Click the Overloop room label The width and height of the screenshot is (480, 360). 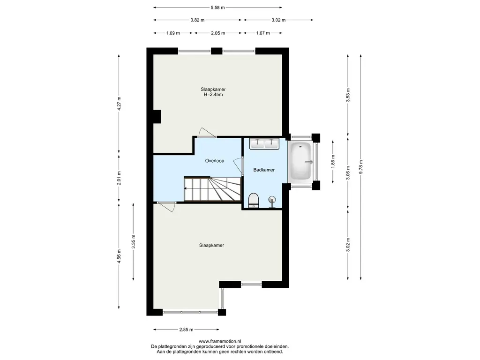[x=215, y=161]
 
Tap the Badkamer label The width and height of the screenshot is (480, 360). [x=264, y=170]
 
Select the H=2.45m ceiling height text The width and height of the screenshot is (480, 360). [x=213, y=95]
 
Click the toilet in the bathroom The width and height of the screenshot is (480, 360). [x=254, y=201]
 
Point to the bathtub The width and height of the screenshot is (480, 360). [x=300, y=161]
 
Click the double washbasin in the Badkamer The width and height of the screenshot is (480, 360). [x=264, y=143]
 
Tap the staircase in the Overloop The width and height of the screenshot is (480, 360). [x=212, y=189]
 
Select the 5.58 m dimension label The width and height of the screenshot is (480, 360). [x=217, y=7]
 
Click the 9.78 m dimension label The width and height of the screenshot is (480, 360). [x=361, y=167]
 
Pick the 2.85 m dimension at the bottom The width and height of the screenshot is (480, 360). [x=186, y=330]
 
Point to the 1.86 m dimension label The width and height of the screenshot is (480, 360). [x=333, y=161]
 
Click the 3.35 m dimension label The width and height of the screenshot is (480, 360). [x=133, y=242]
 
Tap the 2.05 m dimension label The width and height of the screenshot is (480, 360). [x=218, y=33]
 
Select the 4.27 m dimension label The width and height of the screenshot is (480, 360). [x=119, y=104]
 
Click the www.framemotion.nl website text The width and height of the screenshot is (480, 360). [x=220, y=341]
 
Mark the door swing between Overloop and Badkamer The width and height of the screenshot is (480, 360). [x=238, y=167]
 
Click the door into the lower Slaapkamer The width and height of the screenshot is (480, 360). [x=166, y=207]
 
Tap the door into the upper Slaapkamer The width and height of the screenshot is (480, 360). [x=207, y=133]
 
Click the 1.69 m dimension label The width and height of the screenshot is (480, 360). [x=173, y=33]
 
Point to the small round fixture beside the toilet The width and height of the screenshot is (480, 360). [x=271, y=201]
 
